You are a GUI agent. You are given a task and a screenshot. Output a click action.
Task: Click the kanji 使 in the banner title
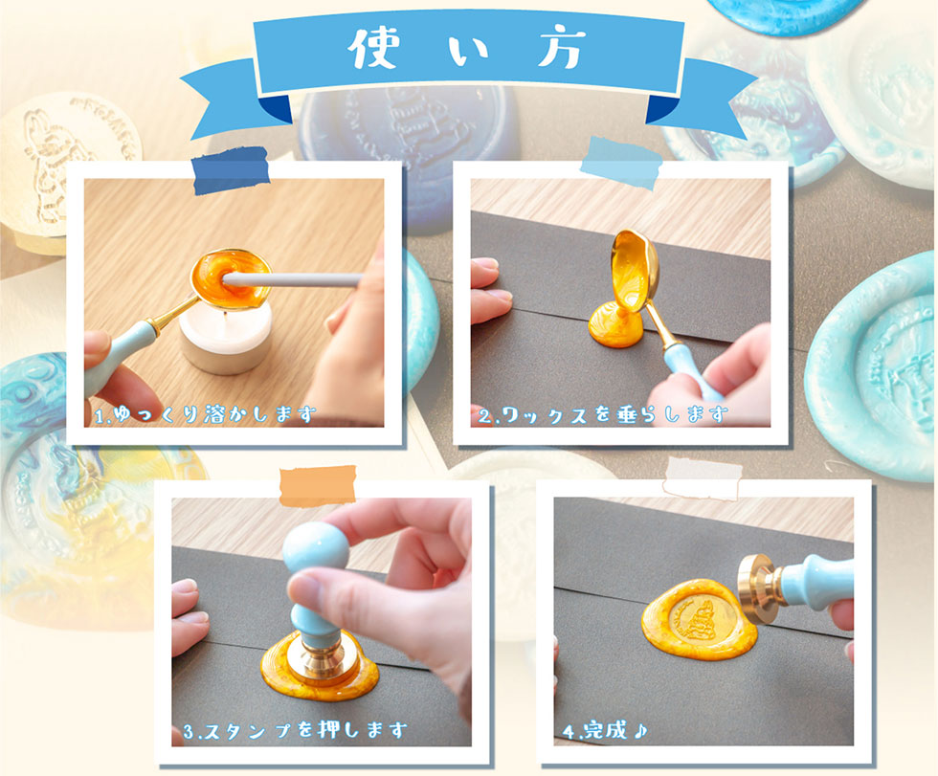(x=374, y=47)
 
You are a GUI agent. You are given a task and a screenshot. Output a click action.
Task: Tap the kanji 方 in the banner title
(x=560, y=47)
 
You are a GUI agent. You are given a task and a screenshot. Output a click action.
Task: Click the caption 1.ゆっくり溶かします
(x=205, y=413)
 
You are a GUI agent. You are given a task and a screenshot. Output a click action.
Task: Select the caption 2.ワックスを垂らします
(x=603, y=414)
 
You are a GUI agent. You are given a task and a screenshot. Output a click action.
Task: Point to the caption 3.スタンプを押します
(x=295, y=730)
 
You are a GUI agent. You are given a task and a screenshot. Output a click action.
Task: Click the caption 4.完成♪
(x=605, y=730)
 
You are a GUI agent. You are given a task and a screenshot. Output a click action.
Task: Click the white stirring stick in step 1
(x=293, y=279)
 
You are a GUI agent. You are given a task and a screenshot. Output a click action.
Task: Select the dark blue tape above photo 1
(x=231, y=171)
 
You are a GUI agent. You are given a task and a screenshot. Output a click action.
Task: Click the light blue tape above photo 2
(x=621, y=163)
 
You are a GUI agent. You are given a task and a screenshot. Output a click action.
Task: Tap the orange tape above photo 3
(x=318, y=485)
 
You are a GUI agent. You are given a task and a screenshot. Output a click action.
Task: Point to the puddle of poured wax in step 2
(x=615, y=326)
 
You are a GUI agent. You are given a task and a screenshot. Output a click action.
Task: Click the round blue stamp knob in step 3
(x=315, y=547)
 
